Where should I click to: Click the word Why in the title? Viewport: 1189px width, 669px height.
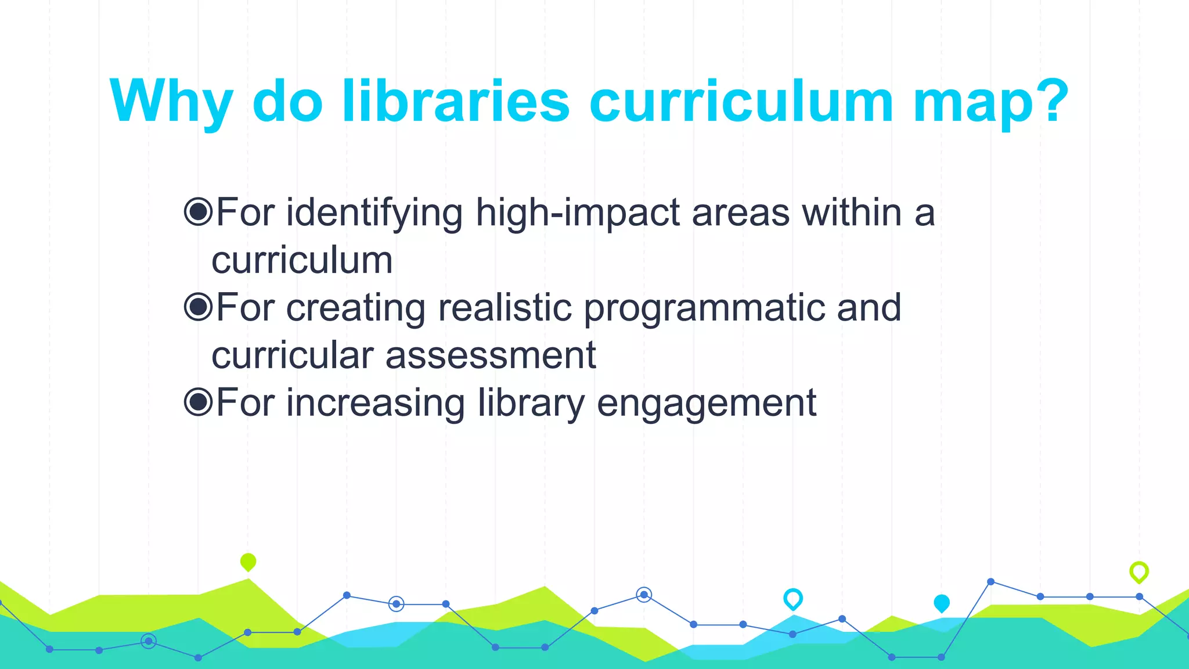pos(171,102)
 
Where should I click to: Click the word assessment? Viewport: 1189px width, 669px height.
pos(491,355)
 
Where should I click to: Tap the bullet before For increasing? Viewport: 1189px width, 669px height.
pos(198,402)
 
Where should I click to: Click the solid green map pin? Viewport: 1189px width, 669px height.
pos(248,562)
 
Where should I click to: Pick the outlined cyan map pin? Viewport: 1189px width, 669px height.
pos(792,598)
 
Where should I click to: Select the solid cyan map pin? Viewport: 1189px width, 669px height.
pos(941,603)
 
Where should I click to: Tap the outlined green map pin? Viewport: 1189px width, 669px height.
pos(1138,571)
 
